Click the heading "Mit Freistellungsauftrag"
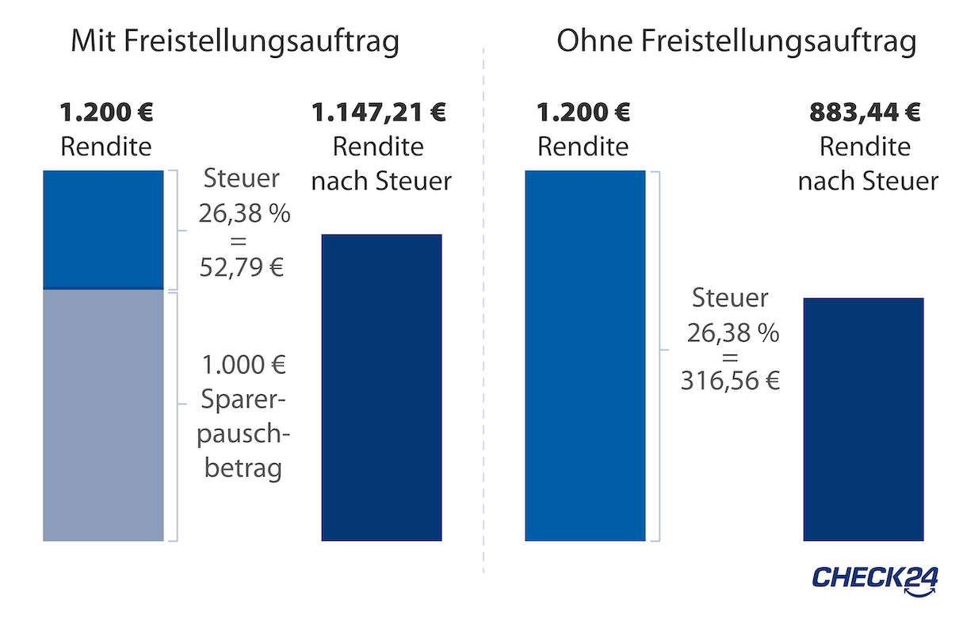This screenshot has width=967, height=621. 235,42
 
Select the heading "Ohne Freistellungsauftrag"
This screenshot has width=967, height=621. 736,42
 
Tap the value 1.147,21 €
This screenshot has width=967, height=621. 379,113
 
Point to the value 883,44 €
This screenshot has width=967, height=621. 865,113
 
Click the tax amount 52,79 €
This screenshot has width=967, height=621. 243,266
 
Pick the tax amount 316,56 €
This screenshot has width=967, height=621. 731,381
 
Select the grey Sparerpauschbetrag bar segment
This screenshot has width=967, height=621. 103,415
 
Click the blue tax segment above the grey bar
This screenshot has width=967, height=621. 103,229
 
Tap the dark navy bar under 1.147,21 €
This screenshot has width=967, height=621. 381,387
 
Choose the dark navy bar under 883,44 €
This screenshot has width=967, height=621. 863,419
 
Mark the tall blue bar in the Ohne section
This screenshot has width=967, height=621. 585,355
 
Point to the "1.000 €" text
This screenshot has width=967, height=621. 243,366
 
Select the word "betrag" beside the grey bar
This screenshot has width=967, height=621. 243,468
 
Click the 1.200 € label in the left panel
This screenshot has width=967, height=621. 106,113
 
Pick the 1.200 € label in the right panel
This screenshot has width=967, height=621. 583,113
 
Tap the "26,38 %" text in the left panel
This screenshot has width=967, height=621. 244,213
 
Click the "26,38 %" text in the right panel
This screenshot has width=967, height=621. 732,333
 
